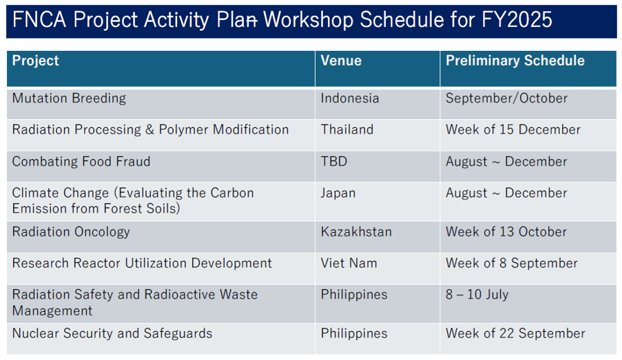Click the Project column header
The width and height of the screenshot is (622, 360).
[x=35, y=61]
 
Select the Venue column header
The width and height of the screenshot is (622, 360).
[x=341, y=61]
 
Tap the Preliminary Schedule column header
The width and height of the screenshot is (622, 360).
[x=515, y=61]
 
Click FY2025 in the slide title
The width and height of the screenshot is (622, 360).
[x=517, y=19]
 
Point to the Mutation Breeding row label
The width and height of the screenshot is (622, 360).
[x=69, y=98]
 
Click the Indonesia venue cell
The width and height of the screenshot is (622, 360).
[x=350, y=98]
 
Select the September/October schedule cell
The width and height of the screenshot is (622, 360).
[x=506, y=98]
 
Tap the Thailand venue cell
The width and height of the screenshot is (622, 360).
[x=347, y=129]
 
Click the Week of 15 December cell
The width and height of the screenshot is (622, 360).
[x=513, y=129]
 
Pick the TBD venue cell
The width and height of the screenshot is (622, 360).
[x=334, y=161]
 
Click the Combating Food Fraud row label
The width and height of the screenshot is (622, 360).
[x=81, y=162]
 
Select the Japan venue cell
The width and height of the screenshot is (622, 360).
[x=338, y=193]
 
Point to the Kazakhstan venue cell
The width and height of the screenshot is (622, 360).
[x=356, y=231]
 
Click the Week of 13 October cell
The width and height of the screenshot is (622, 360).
[x=506, y=231]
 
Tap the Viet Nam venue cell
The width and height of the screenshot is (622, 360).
[x=349, y=263]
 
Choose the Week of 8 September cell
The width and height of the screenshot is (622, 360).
[x=512, y=263]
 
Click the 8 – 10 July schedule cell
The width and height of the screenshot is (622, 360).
[x=477, y=295]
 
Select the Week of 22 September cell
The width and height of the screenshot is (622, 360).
[x=515, y=333]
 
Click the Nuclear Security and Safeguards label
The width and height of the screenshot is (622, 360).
[x=112, y=333]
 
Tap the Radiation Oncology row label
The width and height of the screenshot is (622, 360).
[x=71, y=232]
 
